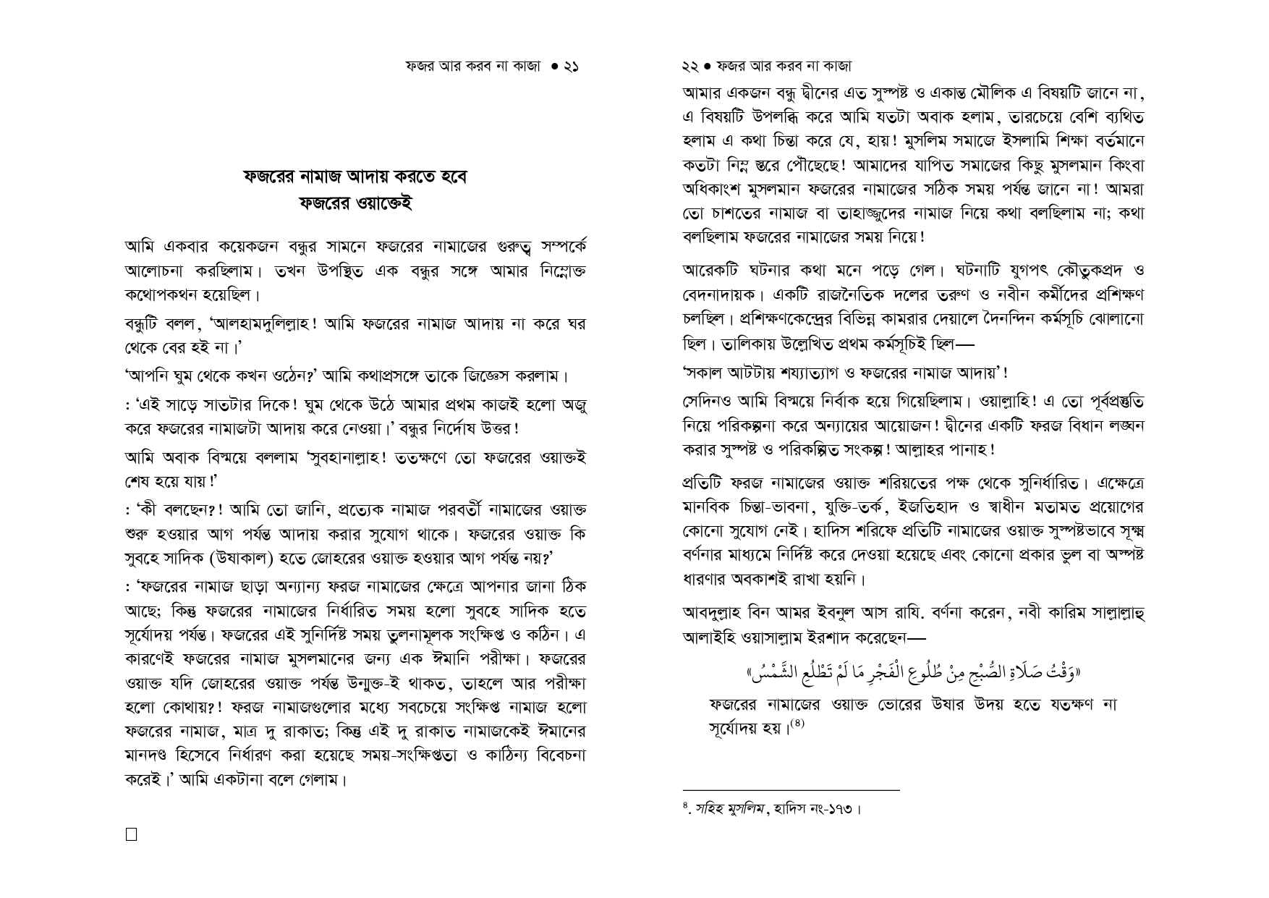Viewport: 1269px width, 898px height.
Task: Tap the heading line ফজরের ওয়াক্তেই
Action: [355, 203]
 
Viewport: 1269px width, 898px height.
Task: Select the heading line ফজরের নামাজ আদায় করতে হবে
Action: [355, 177]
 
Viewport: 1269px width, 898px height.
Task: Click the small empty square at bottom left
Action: [131, 834]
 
